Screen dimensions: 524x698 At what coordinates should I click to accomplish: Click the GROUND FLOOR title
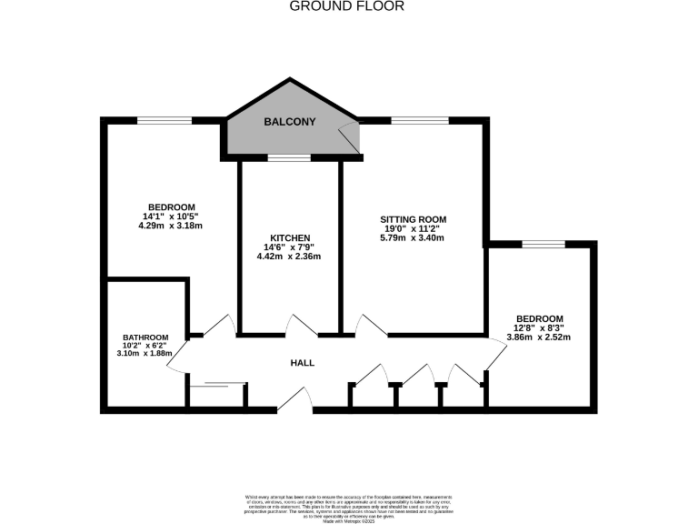346,6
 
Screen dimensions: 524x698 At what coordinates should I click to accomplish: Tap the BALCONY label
289,121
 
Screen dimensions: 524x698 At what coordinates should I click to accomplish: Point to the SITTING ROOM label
413,219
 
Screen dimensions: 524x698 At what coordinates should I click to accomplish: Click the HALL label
302,363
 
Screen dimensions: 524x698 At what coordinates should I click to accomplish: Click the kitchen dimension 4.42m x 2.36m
289,257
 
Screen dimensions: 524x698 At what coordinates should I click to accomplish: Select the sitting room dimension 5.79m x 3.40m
413,239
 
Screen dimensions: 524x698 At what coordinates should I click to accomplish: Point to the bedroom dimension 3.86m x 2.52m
537,337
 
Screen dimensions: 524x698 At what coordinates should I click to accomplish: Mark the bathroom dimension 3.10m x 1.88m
145,354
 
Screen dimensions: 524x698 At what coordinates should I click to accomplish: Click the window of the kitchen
289,158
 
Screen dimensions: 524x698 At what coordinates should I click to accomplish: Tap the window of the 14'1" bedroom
165,119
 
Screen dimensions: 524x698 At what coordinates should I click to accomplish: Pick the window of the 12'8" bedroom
543,243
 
